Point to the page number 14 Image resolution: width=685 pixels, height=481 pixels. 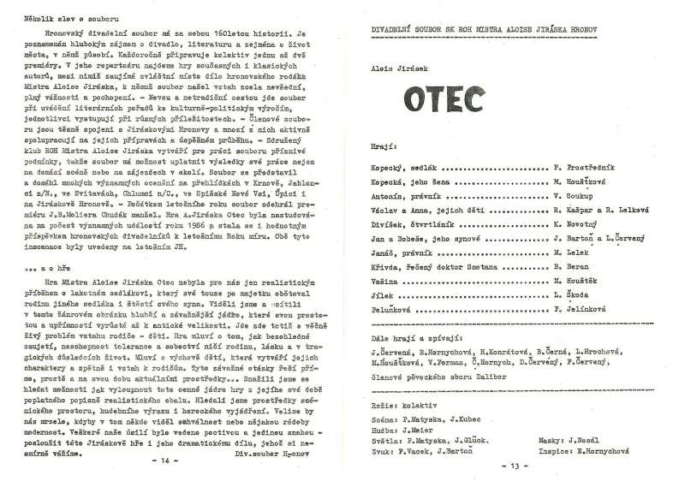166,460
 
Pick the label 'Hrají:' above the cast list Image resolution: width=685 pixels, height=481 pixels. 382,146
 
